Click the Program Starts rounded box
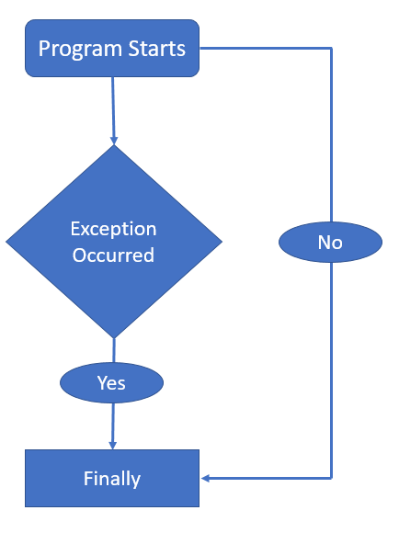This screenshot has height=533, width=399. (111, 48)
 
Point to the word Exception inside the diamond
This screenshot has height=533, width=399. (113, 229)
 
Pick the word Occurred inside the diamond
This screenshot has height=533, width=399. (113, 255)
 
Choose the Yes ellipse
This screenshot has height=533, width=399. (111, 381)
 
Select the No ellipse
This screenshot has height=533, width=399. (330, 243)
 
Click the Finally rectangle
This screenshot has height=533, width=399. (111, 478)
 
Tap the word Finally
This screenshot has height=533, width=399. (111, 479)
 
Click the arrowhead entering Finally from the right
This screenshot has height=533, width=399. (206, 478)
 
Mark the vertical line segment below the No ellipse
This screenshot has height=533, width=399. (331, 368)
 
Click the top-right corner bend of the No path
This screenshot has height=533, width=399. (331, 48)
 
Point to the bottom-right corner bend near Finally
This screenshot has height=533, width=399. (331, 478)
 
